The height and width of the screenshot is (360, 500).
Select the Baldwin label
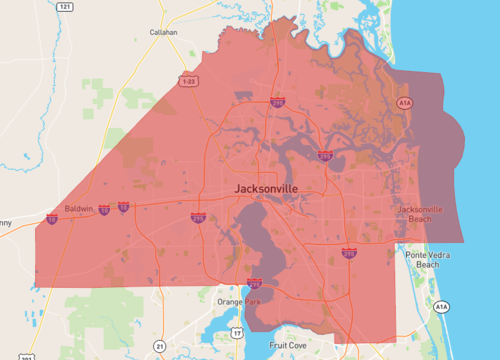click(78, 210)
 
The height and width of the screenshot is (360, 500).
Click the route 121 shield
click(65, 7)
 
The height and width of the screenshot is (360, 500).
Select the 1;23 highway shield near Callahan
click(188, 78)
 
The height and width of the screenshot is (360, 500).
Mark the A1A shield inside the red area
click(404, 103)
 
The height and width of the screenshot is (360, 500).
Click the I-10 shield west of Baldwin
click(52, 219)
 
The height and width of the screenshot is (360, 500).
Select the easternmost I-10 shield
click(123, 207)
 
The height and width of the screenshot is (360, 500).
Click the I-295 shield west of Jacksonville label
click(198, 216)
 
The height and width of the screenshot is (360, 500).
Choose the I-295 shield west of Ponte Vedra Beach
click(349, 254)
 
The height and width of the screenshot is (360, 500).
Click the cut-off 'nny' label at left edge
click(6, 222)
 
